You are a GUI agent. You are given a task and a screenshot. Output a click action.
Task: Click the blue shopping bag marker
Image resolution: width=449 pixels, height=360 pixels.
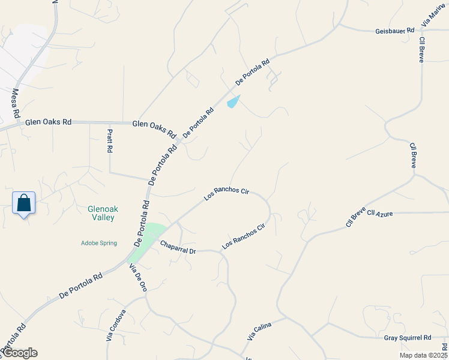coord(24,203)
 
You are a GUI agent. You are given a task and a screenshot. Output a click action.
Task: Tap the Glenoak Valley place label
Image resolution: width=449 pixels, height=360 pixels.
coord(101,213)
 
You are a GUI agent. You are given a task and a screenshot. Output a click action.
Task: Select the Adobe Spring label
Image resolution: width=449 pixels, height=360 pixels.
coord(99,243)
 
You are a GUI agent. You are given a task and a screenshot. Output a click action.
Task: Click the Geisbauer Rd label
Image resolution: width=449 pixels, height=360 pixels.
coord(394,30)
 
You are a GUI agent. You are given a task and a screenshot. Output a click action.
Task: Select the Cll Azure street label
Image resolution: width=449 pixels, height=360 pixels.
coord(379,213)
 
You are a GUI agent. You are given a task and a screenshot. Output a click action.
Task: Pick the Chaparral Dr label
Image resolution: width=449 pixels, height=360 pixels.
coord(178,247)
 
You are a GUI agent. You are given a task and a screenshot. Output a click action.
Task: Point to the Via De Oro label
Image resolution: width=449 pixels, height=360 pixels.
coord(138,277)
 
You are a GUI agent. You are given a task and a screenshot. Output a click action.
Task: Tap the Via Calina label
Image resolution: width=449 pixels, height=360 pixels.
coord(259,331)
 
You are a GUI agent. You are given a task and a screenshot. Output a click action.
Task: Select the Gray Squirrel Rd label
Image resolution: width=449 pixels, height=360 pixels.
coord(408,338)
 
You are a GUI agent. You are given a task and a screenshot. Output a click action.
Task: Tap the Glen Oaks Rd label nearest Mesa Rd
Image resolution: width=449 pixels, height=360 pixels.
coord(48,122)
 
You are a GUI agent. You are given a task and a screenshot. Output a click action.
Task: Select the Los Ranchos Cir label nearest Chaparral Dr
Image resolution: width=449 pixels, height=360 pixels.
coord(243,237)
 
